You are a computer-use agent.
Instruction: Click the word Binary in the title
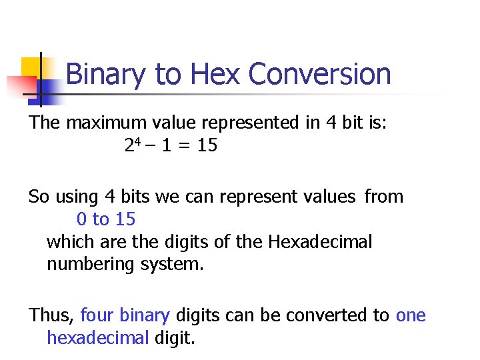(105, 74)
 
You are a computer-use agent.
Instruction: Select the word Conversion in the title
(319, 74)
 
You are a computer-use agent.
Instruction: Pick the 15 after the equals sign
(207, 145)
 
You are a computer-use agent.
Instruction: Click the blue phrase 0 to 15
(106, 219)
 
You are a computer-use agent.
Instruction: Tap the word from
(384, 197)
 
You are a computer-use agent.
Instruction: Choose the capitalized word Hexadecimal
(320, 241)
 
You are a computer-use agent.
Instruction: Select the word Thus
(52, 315)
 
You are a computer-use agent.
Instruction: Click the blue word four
(98, 315)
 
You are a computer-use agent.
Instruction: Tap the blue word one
(411, 315)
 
